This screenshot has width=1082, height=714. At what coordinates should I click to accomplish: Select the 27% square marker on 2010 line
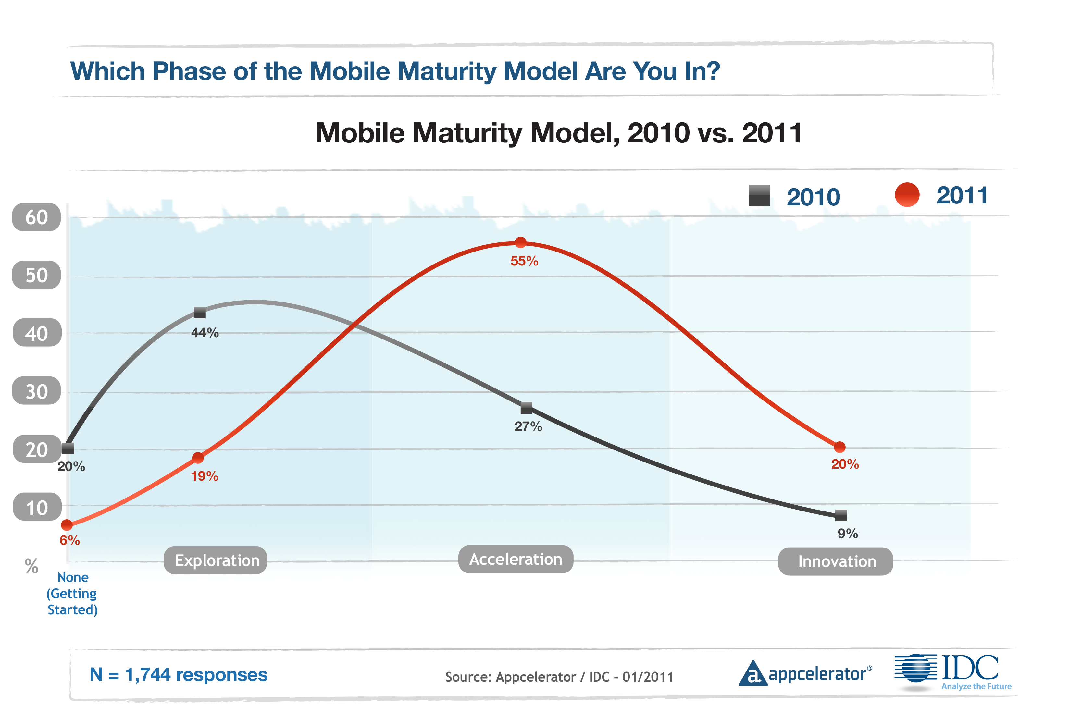[527, 408]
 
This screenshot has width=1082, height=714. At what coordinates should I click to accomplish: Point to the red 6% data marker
[67, 525]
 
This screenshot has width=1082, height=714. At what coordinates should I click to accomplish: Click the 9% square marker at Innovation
[841, 515]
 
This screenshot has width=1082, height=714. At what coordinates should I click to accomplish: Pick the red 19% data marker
[198, 458]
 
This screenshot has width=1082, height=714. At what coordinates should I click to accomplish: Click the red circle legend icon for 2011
[907, 195]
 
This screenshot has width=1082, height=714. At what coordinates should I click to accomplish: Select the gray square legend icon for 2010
[760, 196]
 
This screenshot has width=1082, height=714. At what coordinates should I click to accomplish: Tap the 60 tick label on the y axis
[36, 217]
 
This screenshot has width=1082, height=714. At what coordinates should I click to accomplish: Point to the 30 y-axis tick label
[36, 391]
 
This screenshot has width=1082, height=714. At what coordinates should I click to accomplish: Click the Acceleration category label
[516, 559]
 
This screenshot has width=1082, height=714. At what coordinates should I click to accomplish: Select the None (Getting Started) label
[72, 593]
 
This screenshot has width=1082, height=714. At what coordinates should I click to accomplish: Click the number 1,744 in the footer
[147, 674]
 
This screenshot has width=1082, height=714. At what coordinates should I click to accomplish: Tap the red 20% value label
[845, 464]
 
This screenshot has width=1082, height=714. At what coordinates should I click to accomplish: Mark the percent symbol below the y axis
[31, 566]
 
